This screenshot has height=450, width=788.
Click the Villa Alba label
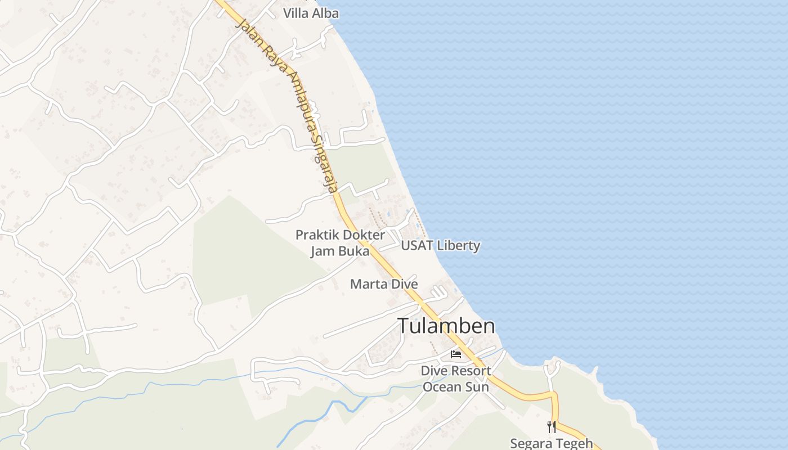[x=311, y=13]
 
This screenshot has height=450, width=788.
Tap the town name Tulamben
[x=447, y=326]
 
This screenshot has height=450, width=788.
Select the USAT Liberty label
[x=440, y=245]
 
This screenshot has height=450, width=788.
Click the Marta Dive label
[x=384, y=284]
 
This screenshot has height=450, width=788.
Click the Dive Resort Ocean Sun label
[x=456, y=379]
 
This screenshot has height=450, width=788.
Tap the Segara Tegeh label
[x=551, y=443]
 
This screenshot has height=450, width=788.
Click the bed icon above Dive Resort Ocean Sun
[x=456, y=354]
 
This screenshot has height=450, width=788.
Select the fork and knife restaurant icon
[x=552, y=426]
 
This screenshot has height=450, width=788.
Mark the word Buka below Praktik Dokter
[x=353, y=251]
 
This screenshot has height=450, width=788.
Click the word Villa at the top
[x=295, y=13]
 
